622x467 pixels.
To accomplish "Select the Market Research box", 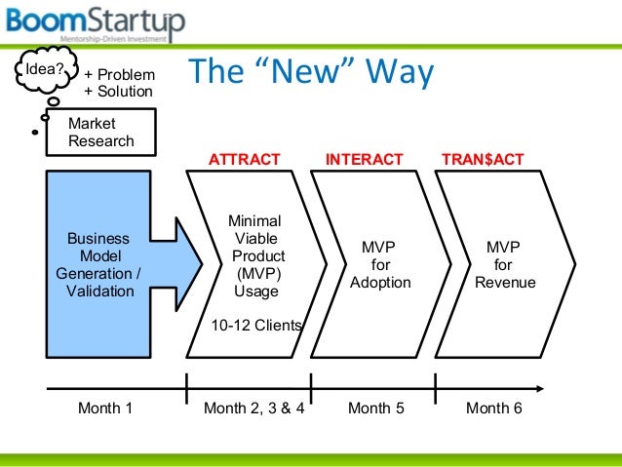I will pyautogui.click(x=100, y=132).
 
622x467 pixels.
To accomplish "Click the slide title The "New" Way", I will pyautogui.click(x=309, y=74).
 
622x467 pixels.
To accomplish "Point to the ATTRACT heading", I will pyautogui.click(x=245, y=159).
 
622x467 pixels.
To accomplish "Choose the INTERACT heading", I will pyautogui.click(x=364, y=159).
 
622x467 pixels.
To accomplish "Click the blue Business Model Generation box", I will pyautogui.click(x=98, y=263).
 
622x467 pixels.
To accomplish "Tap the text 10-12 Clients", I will pyautogui.click(x=256, y=326).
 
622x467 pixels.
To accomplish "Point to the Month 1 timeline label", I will pyautogui.click(x=104, y=409).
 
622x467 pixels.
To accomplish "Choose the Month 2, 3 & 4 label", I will pyautogui.click(x=253, y=409).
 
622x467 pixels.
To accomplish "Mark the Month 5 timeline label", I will pyautogui.click(x=375, y=409).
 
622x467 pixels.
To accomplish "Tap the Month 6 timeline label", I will pyautogui.click(x=493, y=409).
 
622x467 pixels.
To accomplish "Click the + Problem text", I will pyautogui.click(x=119, y=74).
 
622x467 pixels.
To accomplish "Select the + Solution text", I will pyautogui.click(x=119, y=91).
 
